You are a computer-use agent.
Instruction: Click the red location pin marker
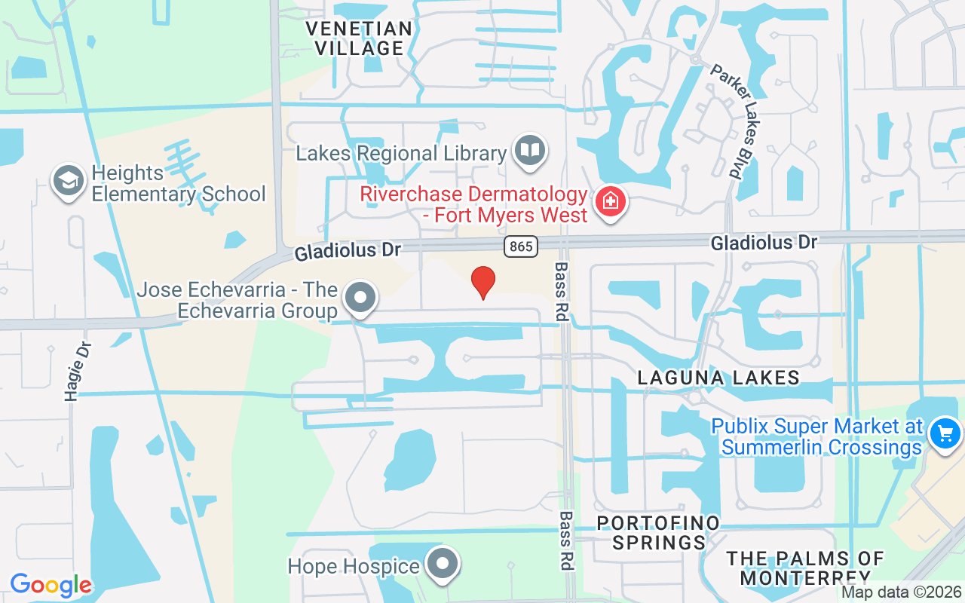(482, 283)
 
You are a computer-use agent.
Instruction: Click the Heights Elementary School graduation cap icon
(69, 182)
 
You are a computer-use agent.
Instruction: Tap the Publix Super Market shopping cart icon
(945, 435)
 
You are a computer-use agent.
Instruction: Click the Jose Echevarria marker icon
(360, 298)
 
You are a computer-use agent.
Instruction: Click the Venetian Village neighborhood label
(359, 38)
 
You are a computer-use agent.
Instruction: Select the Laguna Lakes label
(718, 378)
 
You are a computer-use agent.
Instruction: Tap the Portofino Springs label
(658, 532)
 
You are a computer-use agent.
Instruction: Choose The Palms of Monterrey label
(804, 568)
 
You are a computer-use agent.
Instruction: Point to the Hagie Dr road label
(78, 371)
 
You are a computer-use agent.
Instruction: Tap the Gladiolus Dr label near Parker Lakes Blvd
(764, 243)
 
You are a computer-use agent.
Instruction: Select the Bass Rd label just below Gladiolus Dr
(562, 292)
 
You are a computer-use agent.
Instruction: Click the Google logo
(50, 585)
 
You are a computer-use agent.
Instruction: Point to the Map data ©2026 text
(901, 592)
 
